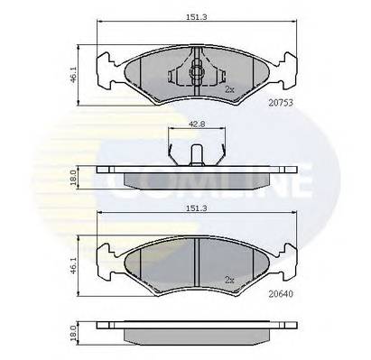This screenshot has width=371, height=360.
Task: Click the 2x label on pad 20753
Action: [229, 90]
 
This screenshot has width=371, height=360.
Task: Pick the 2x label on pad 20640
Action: [229, 281]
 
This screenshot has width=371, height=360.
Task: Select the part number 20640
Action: [282, 293]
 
